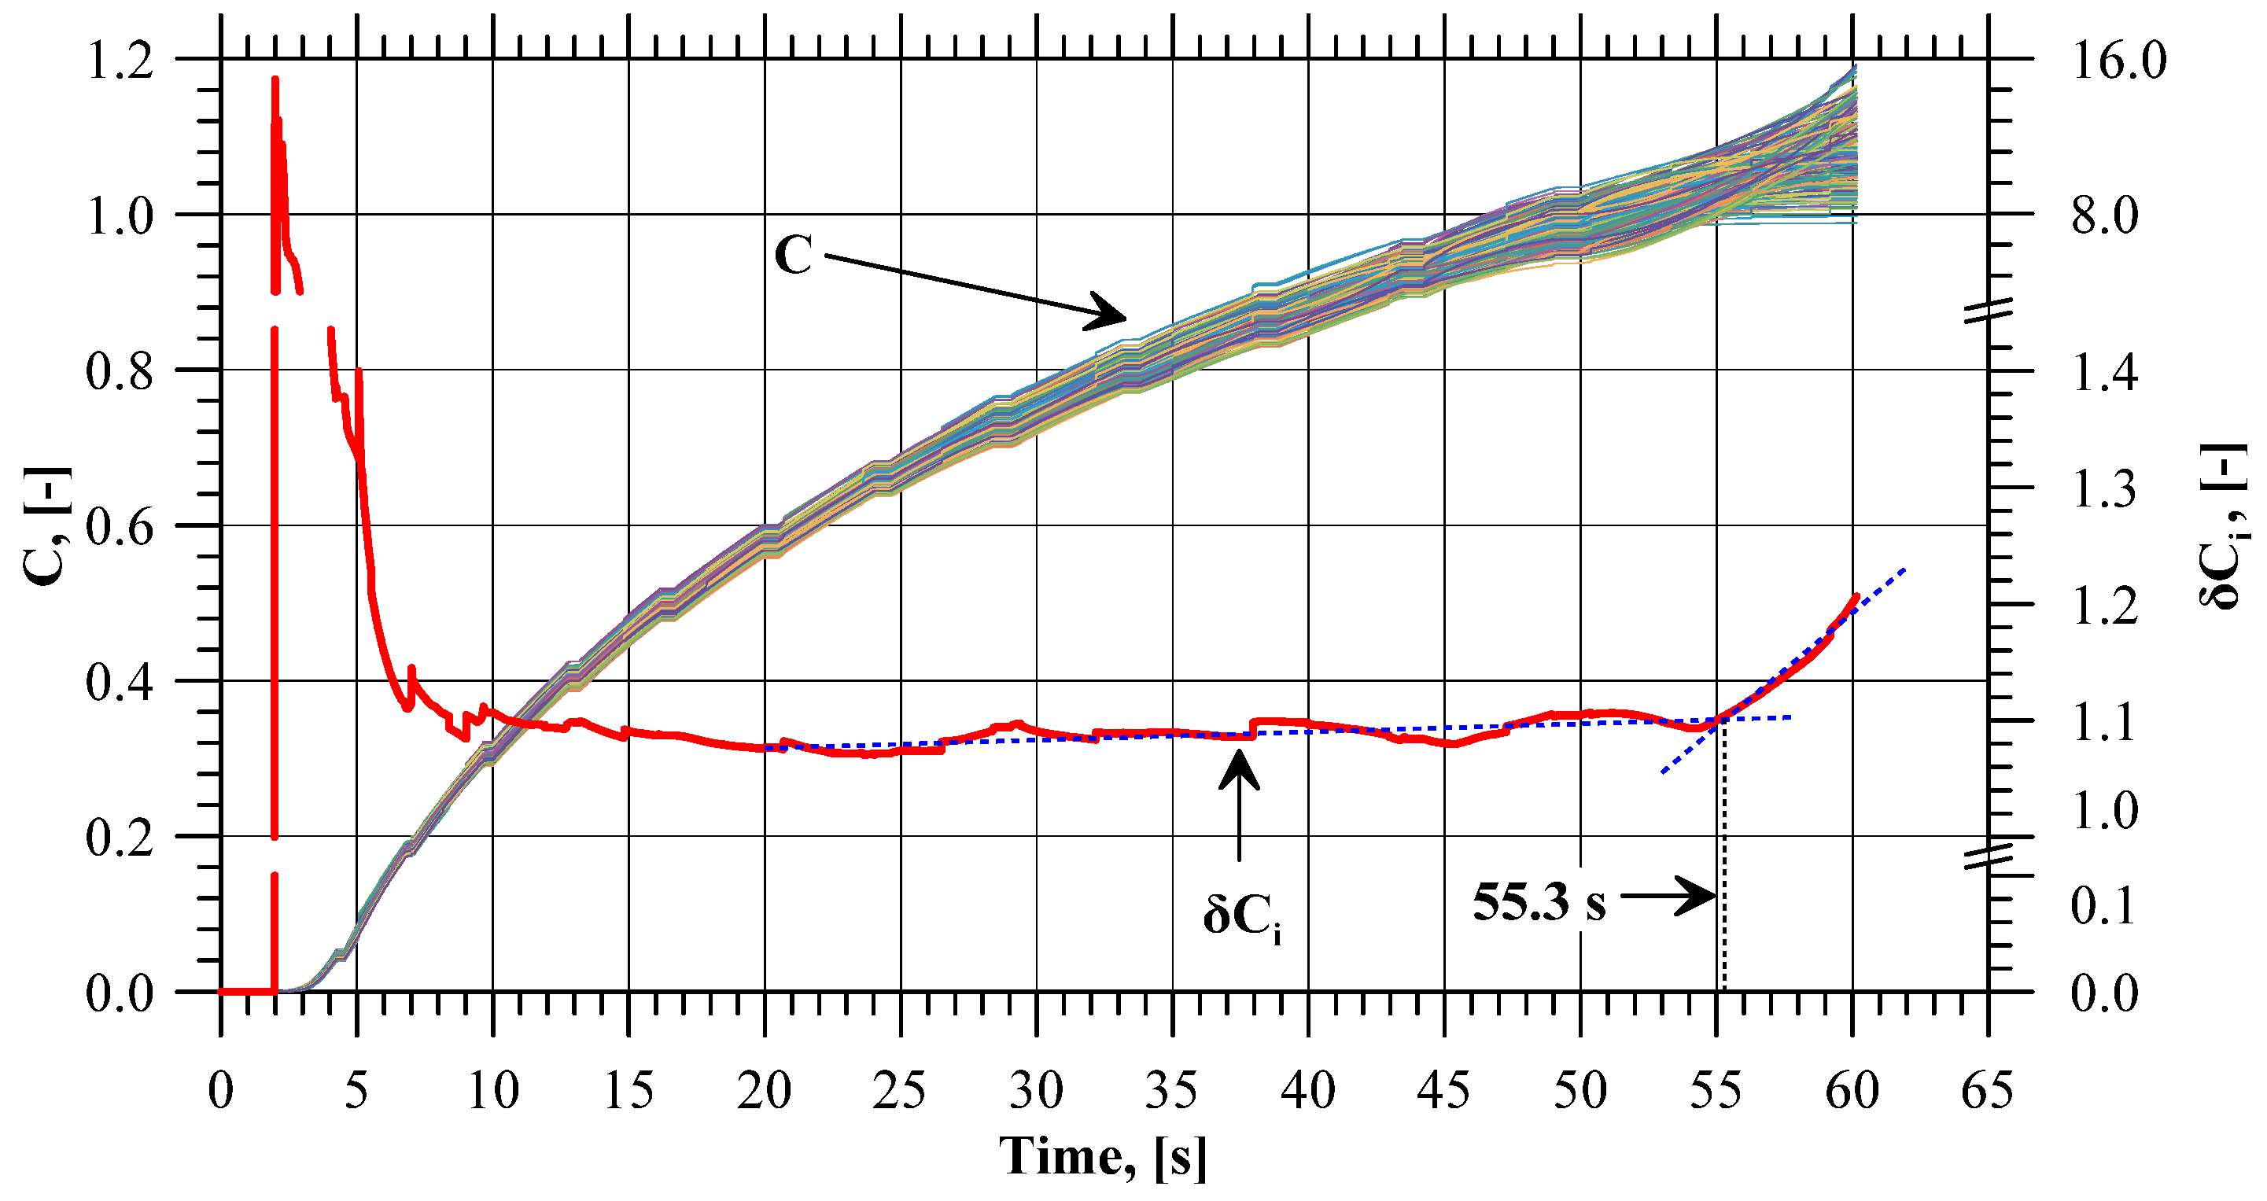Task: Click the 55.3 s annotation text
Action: click(x=1539, y=903)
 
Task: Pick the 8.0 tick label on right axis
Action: click(x=2104, y=216)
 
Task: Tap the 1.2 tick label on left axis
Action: click(x=120, y=61)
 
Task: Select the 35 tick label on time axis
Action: click(x=1172, y=1092)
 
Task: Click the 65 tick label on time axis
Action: click(x=1987, y=1092)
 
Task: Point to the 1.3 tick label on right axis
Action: click(x=2104, y=489)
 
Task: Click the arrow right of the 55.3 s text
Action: click(x=1668, y=897)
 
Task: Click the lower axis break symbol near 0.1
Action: click(x=1987, y=857)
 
